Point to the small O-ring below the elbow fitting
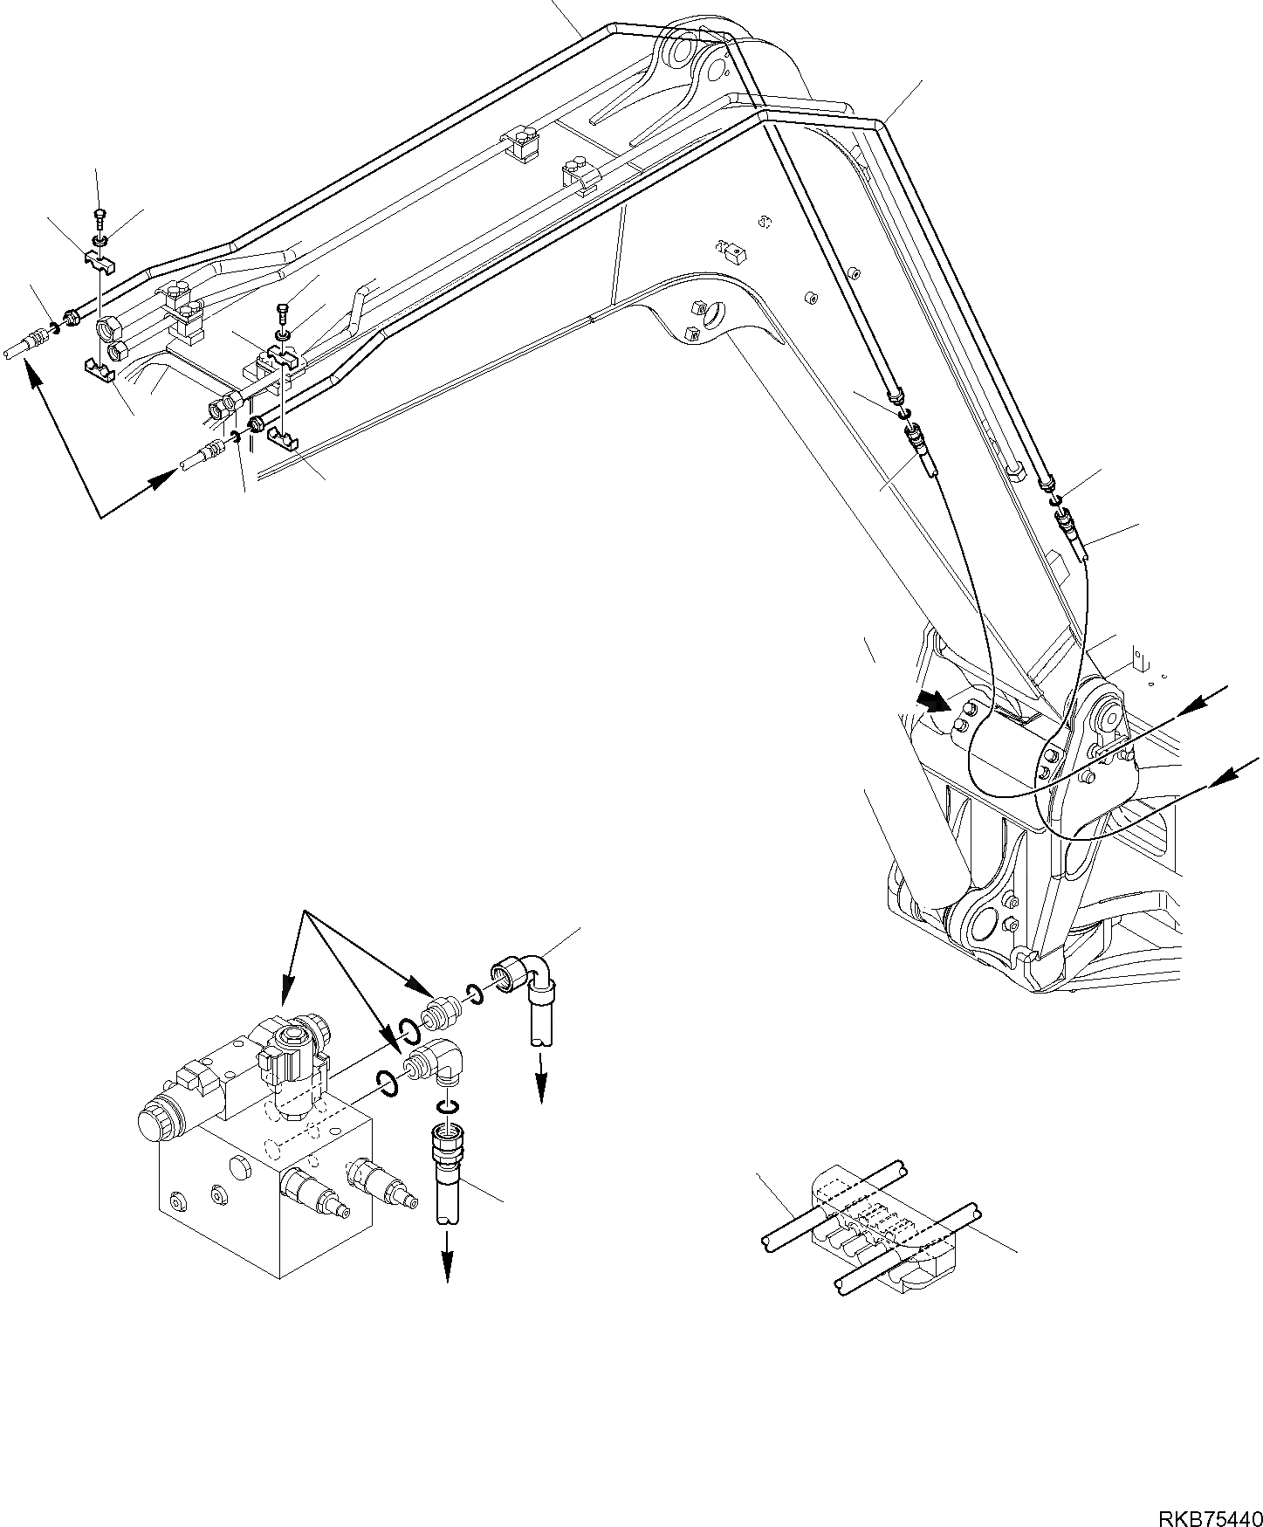pyautogui.click(x=447, y=1108)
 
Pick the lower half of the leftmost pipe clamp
pyautogui.click(x=102, y=370)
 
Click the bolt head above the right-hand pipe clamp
pyautogui.click(x=283, y=309)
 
